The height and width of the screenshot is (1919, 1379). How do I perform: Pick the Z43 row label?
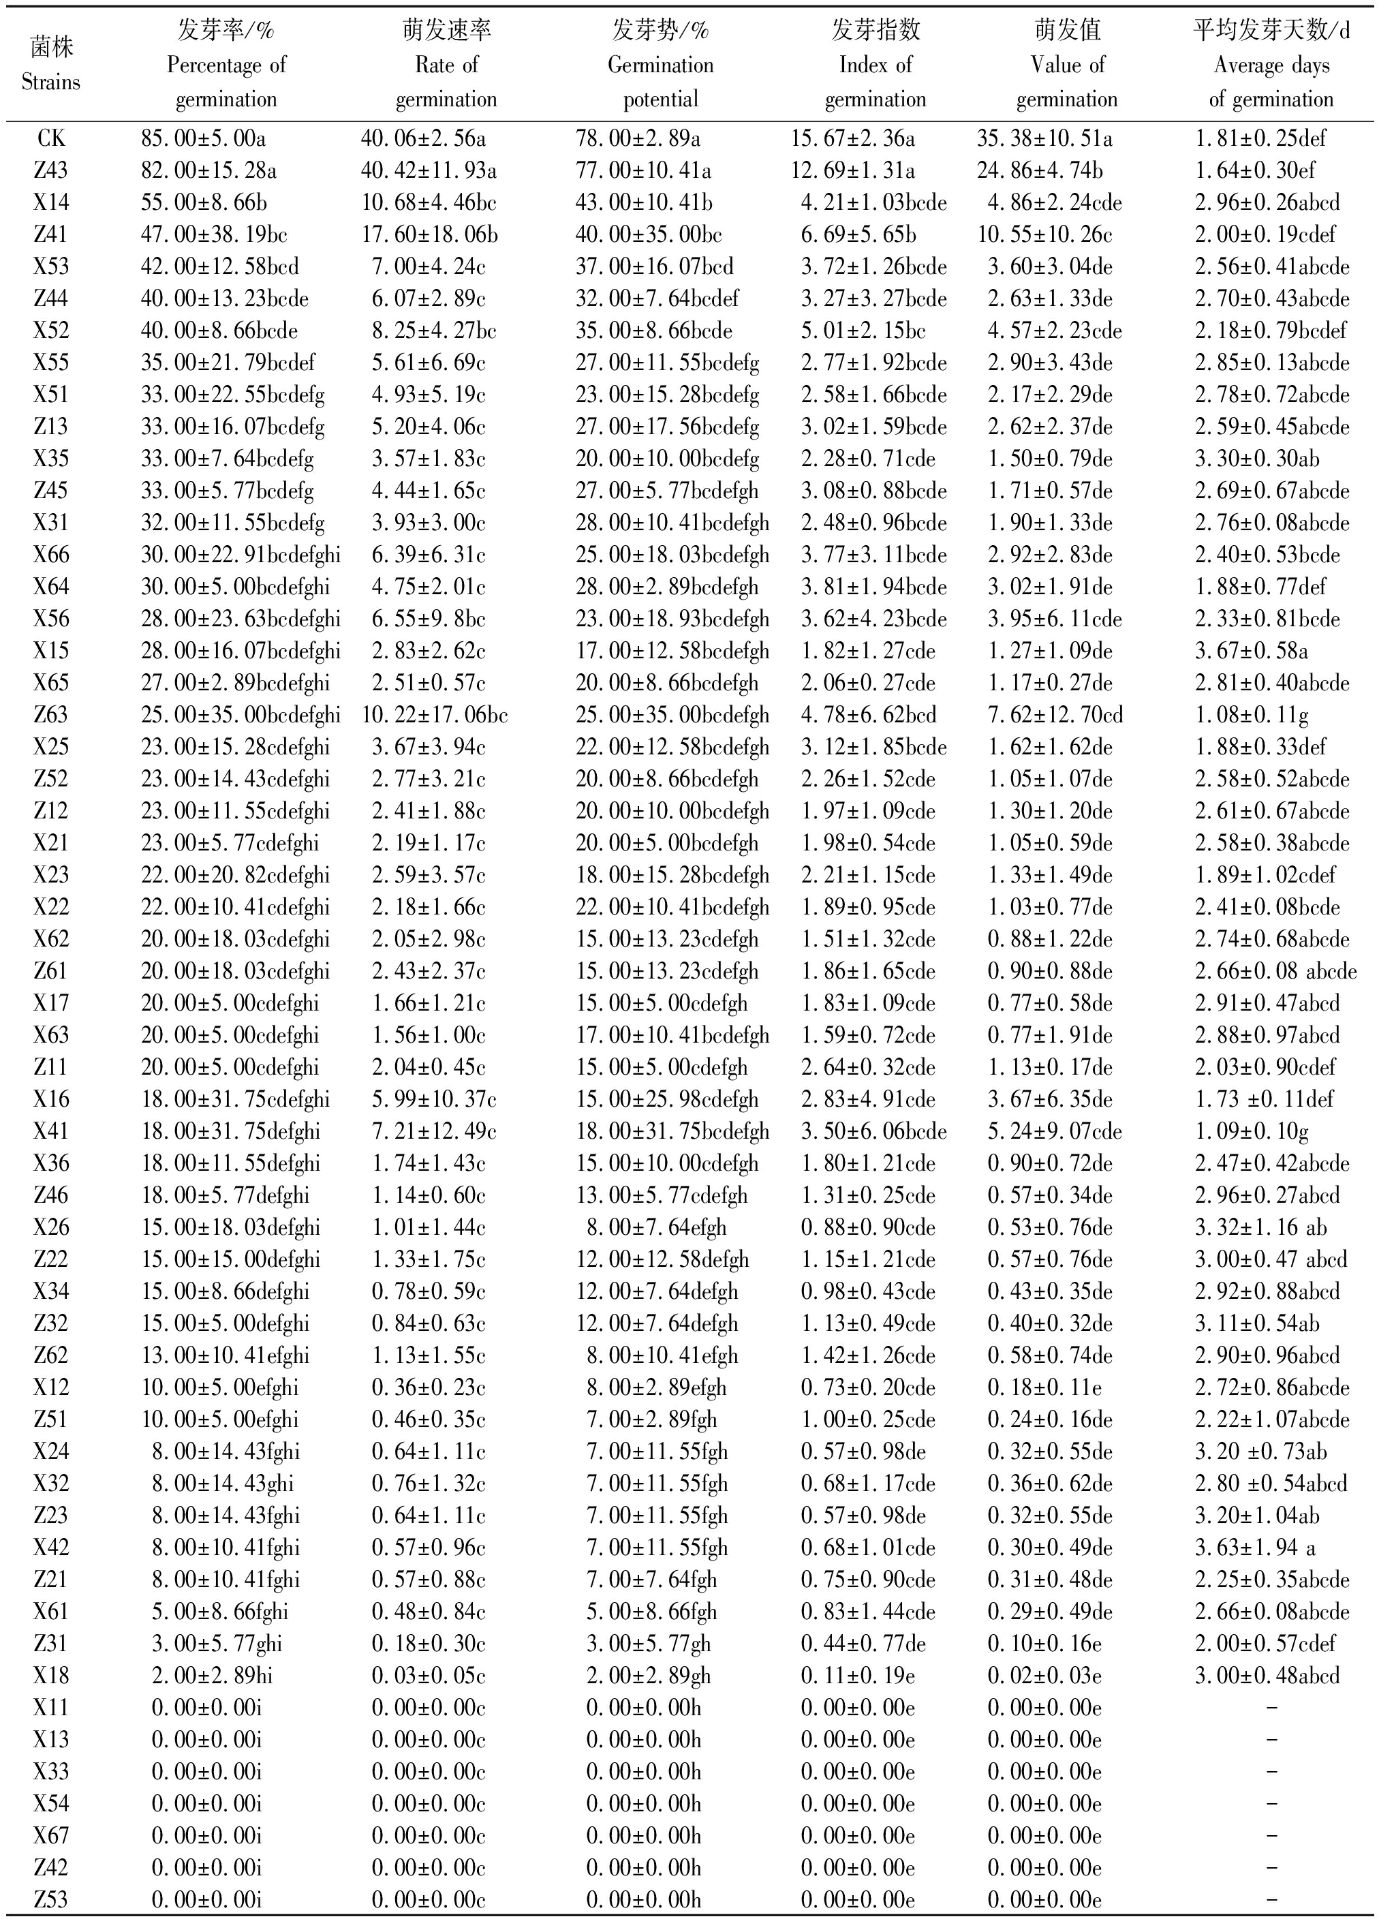tap(51, 171)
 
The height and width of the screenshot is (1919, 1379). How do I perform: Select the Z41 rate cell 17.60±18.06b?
tap(430, 234)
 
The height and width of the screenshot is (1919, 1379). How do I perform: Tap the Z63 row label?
tap(51, 715)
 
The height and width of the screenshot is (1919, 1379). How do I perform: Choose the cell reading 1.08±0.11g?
tap(1252, 715)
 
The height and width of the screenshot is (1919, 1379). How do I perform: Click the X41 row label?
tap(51, 1131)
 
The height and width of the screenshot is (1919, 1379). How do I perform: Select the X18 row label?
tap(51, 1675)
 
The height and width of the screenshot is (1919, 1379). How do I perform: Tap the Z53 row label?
tap(51, 1899)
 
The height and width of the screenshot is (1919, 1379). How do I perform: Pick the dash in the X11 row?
tap(1271, 1708)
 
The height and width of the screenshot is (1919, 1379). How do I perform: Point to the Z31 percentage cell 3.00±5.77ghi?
tap(217, 1643)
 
